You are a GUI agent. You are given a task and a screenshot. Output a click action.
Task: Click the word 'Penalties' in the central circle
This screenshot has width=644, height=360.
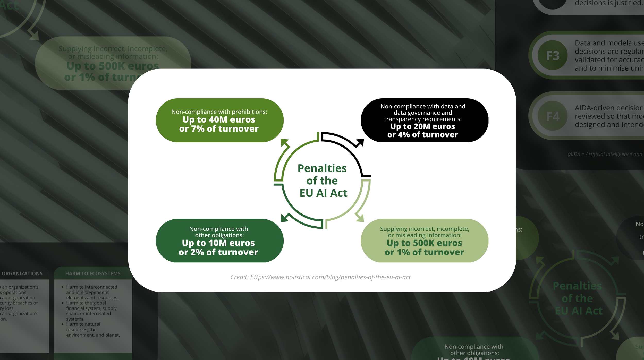[x=322, y=168]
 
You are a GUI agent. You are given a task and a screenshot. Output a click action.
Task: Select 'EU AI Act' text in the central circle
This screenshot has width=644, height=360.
[x=323, y=193]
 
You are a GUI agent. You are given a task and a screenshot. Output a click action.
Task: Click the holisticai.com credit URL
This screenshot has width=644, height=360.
[x=330, y=277]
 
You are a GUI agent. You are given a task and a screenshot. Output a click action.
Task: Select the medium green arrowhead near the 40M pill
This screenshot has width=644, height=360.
[x=284, y=143]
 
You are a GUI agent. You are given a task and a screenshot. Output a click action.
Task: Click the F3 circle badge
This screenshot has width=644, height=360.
[x=552, y=55]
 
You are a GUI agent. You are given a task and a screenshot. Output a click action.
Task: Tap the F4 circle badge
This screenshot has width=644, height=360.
[x=552, y=116]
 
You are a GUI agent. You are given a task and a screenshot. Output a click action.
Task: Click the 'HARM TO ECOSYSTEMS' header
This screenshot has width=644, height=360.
[x=93, y=273]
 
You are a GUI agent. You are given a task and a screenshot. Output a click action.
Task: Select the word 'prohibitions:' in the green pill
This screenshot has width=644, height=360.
[x=251, y=112]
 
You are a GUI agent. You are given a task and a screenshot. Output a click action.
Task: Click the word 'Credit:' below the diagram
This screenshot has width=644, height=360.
[x=239, y=277]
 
